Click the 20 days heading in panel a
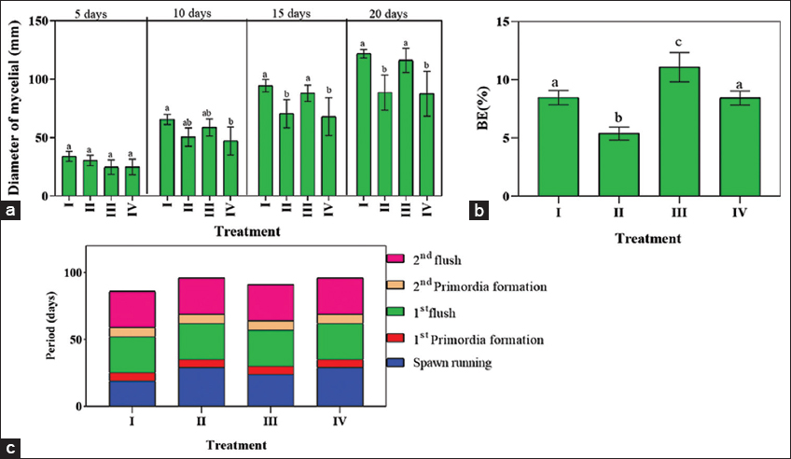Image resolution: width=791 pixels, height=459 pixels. (388, 14)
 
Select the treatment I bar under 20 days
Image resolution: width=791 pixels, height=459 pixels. (364, 125)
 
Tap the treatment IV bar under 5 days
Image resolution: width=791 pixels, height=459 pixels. (132, 181)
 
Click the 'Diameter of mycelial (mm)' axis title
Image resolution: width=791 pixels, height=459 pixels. (14, 107)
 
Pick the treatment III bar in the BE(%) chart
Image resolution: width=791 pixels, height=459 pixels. (679, 132)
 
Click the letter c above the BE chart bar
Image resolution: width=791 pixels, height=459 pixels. (679, 42)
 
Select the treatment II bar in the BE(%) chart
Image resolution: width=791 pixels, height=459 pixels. (618, 164)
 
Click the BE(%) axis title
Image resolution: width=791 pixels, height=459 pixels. (483, 108)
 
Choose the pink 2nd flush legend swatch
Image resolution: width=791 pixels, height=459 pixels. (395, 258)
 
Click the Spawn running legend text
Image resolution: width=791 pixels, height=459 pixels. (452, 363)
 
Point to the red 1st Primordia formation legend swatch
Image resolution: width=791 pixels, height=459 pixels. (395, 338)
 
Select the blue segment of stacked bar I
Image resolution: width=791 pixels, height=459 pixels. (132, 394)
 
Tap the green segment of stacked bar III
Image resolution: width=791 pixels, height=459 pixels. (271, 348)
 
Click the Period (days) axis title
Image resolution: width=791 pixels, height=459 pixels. (51, 326)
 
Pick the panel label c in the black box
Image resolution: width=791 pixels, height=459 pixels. (10, 449)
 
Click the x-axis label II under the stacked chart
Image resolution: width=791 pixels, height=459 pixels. (201, 420)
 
